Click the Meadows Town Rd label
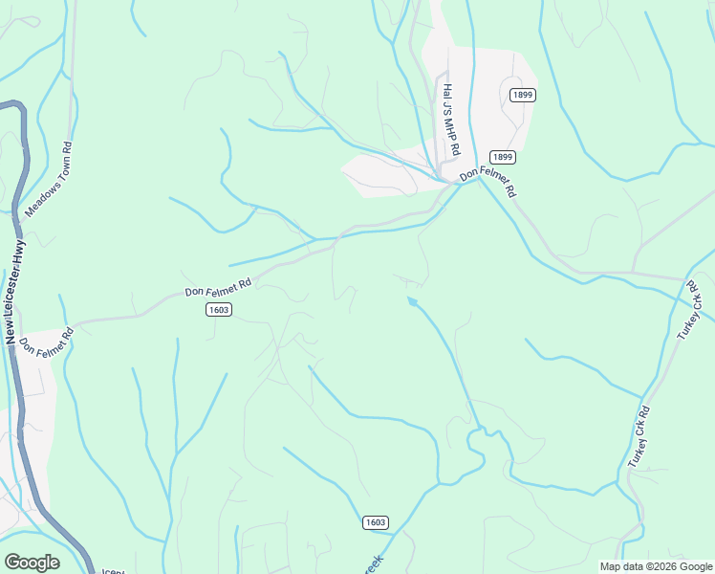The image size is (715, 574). (x=51, y=180)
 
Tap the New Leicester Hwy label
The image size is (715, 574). (x=16, y=292)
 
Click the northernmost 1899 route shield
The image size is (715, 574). (x=522, y=95)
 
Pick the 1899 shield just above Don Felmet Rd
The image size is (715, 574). (x=503, y=156)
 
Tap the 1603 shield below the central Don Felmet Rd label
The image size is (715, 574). (x=219, y=309)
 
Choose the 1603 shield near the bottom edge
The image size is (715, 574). (x=376, y=521)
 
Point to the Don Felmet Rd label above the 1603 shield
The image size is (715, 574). (x=218, y=286)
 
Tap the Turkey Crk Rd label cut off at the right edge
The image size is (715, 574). (x=697, y=315)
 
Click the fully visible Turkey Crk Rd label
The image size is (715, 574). (x=639, y=437)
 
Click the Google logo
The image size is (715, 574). (x=32, y=563)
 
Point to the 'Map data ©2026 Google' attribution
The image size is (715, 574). (x=655, y=566)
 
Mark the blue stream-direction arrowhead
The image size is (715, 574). (x=412, y=301)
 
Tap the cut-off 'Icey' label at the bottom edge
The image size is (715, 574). (x=113, y=569)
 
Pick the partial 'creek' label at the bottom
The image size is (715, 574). (x=373, y=564)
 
